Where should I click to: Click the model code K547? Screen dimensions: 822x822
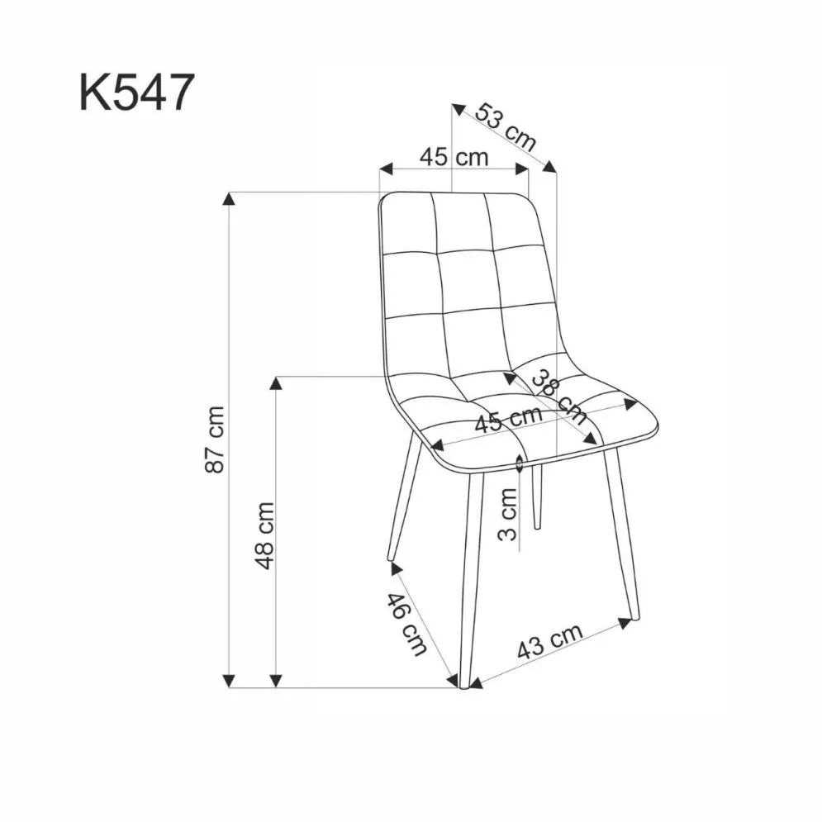(136, 92)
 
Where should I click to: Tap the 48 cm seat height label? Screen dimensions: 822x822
(264, 535)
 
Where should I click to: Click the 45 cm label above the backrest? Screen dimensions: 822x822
(454, 156)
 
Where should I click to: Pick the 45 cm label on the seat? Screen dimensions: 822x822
(508, 420)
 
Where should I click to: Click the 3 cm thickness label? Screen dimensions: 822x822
(510, 513)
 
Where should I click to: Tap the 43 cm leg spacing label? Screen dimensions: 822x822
(549, 640)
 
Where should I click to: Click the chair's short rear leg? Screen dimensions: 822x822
(536, 496)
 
